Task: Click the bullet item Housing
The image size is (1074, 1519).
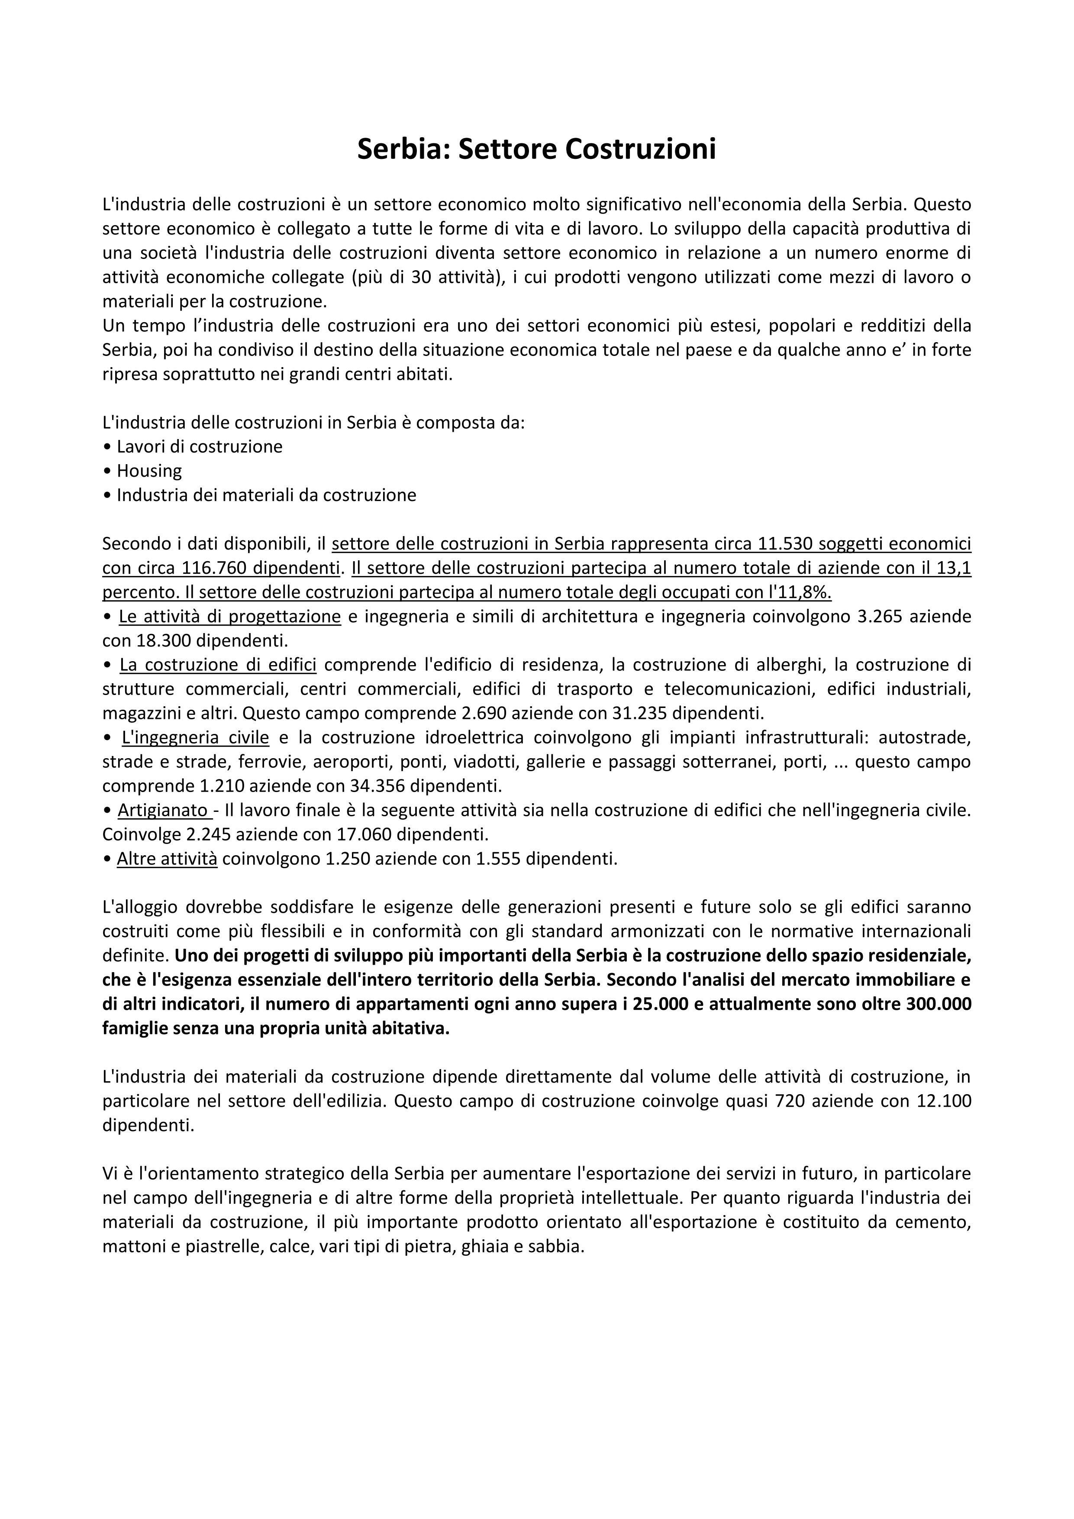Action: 149,471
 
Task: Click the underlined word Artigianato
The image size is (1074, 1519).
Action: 162,811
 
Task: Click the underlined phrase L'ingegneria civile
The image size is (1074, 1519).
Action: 195,738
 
